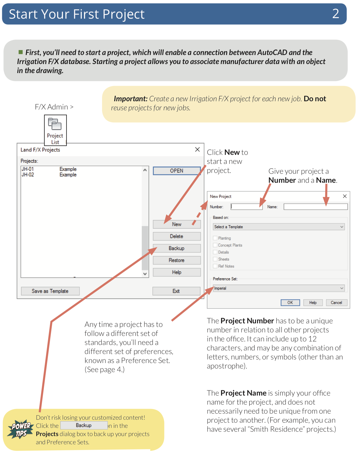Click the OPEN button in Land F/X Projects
(176, 171)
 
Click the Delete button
(176, 236)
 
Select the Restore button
(176, 260)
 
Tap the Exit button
(176, 291)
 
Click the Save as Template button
(50, 291)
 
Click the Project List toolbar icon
(55, 130)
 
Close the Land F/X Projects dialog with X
(197, 149)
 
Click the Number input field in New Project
(246, 207)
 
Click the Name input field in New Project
(315, 207)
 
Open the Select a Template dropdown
(278, 227)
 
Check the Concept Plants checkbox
(215, 245)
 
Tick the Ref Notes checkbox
(215, 266)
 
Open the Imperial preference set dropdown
(278, 288)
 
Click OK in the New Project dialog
(290, 303)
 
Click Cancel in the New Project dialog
(336, 303)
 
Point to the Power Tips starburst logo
(21, 429)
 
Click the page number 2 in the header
(336, 14)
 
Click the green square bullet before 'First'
(21, 52)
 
